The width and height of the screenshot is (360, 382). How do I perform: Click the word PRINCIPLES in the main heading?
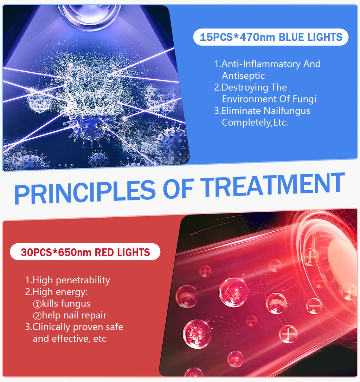[85, 191]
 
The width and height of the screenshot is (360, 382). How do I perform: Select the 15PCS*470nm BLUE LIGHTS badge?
[271, 37]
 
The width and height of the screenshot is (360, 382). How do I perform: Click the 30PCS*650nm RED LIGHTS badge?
[85, 252]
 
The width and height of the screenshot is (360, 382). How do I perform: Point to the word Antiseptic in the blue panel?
[243, 75]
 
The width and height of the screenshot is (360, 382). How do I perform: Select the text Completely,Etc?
[255, 123]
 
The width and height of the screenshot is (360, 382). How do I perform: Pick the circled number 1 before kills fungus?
[37, 304]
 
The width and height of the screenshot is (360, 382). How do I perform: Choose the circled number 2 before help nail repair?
[37, 316]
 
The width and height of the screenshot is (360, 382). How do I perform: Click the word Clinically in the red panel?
[51, 327]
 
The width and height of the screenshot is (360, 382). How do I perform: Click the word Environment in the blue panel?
[257, 99]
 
